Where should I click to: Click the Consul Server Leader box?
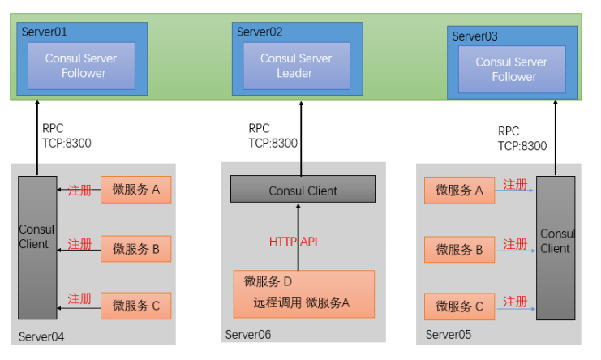pyautogui.click(x=296, y=66)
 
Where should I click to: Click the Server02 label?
pyautogui.click(x=260, y=32)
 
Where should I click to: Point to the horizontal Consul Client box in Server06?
pyautogui.click(x=303, y=191)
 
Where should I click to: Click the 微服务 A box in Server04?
pyautogui.click(x=136, y=190)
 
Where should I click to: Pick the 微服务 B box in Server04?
pyautogui.click(x=136, y=248)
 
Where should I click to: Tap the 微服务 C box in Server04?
pyautogui.click(x=136, y=306)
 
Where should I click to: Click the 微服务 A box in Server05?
pyautogui.click(x=459, y=191)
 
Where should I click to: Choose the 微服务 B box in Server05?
pyautogui.click(x=459, y=250)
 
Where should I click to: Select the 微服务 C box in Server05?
pyautogui.click(x=459, y=306)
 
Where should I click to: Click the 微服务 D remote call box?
pyautogui.click(x=303, y=293)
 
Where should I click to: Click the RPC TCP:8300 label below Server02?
pyautogui.click(x=273, y=136)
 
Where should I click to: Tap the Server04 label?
pyautogui.click(x=41, y=336)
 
